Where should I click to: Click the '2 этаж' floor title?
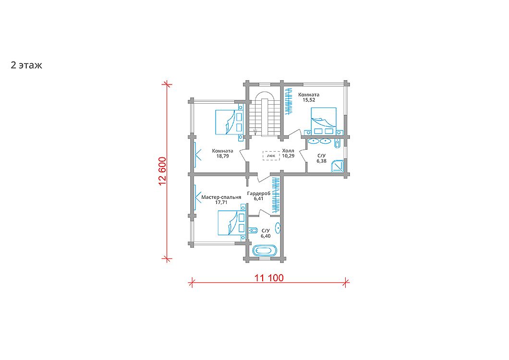click(x=26, y=65)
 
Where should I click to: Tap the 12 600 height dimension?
click(x=162, y=171)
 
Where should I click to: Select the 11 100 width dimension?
click(x=269, y=278)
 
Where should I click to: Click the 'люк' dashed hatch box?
click(x=271, y=156)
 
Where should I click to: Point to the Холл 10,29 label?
click(x=288, y=153)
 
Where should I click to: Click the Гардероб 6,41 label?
click(x=259, y=196)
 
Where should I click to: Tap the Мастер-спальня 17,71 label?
click(x=221, y=200)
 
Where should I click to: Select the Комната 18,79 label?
click(x=222, y=153)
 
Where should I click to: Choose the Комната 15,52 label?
click(x=309, y=97)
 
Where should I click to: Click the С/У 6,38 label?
click(x=321, y=158)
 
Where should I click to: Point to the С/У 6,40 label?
click(x=266, y=233)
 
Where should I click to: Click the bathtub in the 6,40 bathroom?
click(x=265, y=251)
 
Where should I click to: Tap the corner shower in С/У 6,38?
click(x=338, y=166)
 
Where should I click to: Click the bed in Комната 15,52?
click(x=324, y=121)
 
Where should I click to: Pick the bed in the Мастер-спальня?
click(x=231, y=222)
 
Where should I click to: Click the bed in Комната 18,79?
click(x=229, y=122)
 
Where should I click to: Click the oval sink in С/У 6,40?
click(x=278, y=228)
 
